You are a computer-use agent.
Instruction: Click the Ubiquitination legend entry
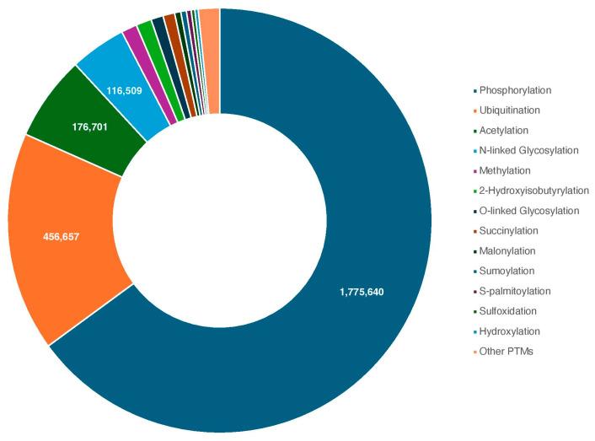point(511,110)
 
